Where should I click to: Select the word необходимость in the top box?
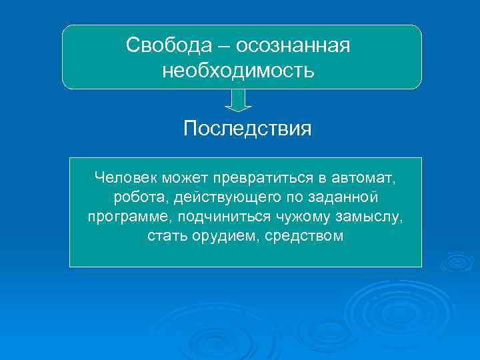coord(238,70)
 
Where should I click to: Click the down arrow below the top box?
coord(238,99)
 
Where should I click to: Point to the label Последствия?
coord(247,128)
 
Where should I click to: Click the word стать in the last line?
coord(166,237)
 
